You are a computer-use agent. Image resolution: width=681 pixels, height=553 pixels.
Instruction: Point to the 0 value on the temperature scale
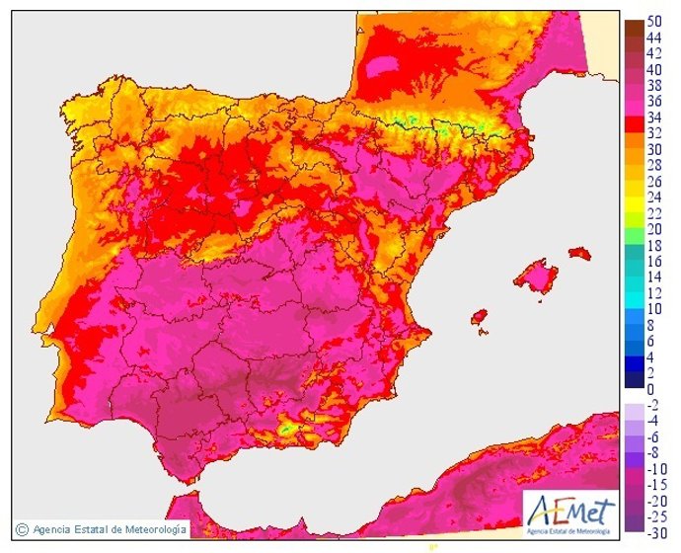pyautogui.click(x=650, y=389)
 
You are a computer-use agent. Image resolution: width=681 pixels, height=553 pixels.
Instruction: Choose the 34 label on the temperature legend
pyautogui.click(x=654, y=118)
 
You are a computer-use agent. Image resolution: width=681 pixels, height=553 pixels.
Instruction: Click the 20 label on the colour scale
pyautogui.click(x=654, y=229)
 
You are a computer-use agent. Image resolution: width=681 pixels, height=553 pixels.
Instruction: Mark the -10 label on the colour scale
pyautogui.click(x=654, y=468)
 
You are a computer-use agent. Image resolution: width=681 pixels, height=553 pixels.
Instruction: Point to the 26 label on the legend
pyautogui.click(x=654, y=182)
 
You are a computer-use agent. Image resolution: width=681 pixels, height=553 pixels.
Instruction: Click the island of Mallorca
pyautogui.click(x=536, y=276)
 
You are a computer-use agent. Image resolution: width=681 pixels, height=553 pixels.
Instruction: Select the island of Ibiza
pyautogui.click(x=480, y=318)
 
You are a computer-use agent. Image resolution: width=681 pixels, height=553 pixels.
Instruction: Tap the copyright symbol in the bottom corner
pyautogui.click(x=21, y=529)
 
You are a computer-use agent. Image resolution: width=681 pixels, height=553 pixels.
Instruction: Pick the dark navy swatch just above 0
pyautogui.click(x=632, y=380)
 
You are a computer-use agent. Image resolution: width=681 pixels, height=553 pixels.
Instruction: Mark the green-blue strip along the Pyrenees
pyautogui.click(x=434, y=125)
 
